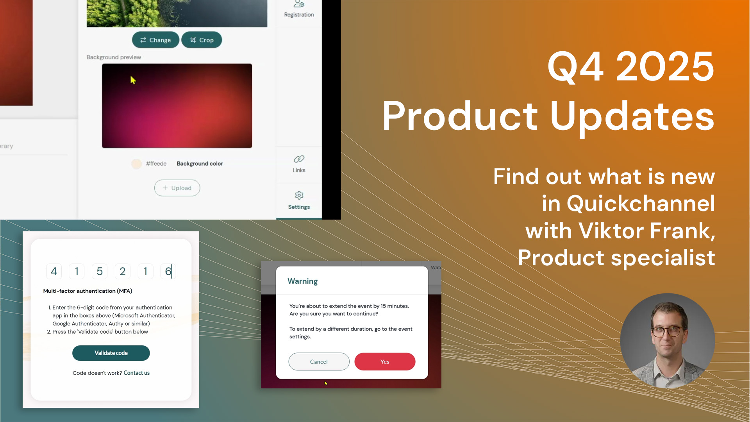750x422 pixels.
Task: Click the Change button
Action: [x=155, y=40]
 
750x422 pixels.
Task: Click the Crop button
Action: [x=202, y=40]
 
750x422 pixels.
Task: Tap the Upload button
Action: [x=177, y=188]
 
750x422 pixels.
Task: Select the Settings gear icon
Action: [x=299, y=195]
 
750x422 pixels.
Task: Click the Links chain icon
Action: [x=299, y=159]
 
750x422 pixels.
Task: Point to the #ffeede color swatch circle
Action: [x=136, y=164]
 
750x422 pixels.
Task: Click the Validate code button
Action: [x=111, y=353]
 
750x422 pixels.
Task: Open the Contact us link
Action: [x=137, y=373]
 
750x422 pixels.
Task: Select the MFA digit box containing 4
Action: [x=54, y=271]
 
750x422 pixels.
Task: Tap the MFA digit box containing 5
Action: [x=100, y=271]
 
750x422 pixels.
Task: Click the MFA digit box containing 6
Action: [x=168, y=271]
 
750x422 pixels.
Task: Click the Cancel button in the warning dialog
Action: [x=319, y=361]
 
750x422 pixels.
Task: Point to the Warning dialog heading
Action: [x=303, y=281]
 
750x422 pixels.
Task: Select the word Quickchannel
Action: [x=641, y=204]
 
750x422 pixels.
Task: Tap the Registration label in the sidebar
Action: [x=299, y=15]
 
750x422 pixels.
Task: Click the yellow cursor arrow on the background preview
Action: [x=133, y=80]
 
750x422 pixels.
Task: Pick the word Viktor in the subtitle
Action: [x=611, y=231]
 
